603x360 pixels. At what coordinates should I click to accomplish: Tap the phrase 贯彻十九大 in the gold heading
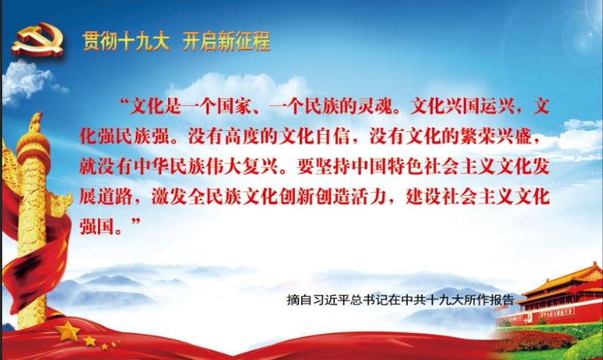(126, 41)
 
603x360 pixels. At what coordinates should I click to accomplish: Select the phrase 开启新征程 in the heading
(226, 41)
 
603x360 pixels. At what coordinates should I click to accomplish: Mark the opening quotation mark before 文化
(124, 102)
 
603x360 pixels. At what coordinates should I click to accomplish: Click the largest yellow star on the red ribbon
(68, 331)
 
